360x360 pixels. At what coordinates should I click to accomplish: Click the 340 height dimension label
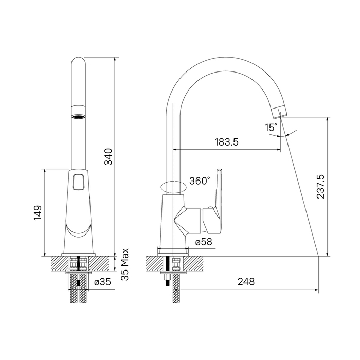coord(109,156)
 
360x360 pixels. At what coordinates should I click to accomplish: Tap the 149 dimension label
coord(38,212)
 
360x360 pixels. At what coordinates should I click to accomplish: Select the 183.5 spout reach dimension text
coord(227,142)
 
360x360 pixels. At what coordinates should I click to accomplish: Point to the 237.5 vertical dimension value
coord(320,186)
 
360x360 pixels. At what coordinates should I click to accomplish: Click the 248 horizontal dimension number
coord(246,281)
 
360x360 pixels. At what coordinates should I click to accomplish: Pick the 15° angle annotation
coord(271,128)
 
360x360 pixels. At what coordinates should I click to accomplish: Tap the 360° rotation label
coord(200,181)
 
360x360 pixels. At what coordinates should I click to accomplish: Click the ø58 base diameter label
coord(204,242)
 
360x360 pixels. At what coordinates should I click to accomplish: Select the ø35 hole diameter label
coord(103,282)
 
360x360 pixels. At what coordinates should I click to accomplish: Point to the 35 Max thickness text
coord(125,264)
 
